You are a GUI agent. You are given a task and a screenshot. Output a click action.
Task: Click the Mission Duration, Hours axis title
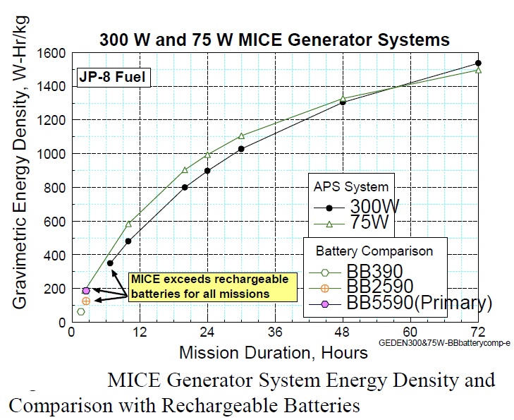point(274,352)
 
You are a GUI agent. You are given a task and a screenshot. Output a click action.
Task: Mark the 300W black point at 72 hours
point(478,63)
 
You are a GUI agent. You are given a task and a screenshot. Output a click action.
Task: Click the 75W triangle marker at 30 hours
point(241,136)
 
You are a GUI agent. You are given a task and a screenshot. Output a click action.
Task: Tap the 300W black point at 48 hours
point(343,102)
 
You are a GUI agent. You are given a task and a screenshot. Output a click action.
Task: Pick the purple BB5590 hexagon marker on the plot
point(86,290)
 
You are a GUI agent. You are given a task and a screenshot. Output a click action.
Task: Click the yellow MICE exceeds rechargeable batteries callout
point(209,286)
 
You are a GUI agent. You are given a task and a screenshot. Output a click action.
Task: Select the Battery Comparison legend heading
point(374,251)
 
